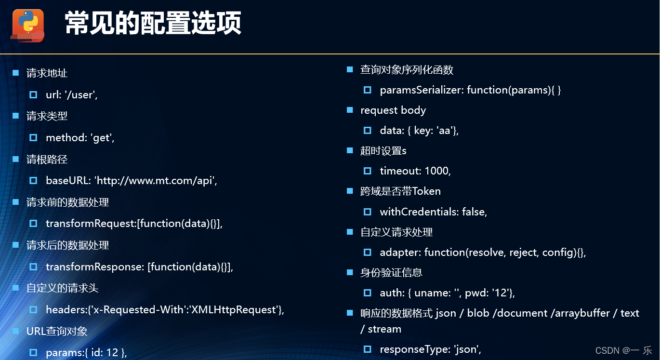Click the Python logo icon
28,26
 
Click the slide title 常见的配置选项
153,23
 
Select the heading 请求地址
47,73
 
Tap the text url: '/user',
72,94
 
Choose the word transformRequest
91,224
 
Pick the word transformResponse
95,267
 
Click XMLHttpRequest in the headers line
234,309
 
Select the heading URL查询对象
57,331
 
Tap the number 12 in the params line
112,353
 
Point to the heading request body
393,110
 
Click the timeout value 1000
436,171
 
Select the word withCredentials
418,212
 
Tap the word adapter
400,253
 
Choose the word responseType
414,349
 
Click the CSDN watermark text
623,350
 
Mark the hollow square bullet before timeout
368,171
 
